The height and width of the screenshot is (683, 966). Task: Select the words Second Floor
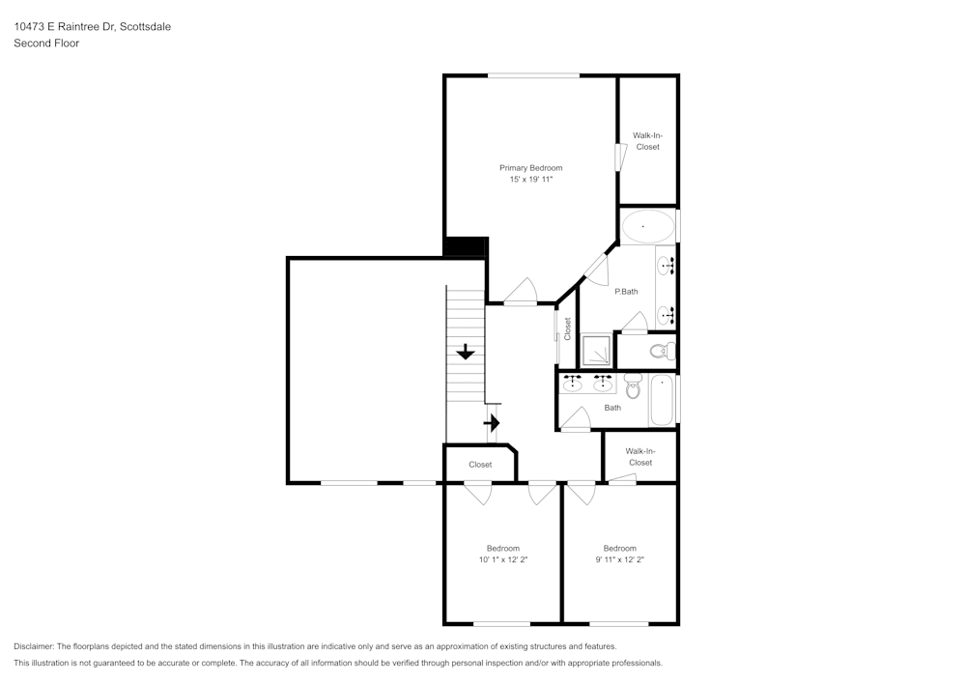(x=46, y=43)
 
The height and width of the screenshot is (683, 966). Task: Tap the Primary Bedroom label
(x=530, y=168)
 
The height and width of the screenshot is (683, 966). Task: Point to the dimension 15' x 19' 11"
(x=530, y=180)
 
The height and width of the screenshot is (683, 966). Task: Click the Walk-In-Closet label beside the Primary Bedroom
(x=647, y=141)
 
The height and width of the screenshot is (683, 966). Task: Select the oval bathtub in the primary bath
(x=647, y=227)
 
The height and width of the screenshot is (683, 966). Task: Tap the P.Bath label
(x=626, y=292)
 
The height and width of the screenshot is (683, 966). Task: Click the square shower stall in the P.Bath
(x=596, y=350)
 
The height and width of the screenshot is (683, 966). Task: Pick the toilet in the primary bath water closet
(x=662, y=350)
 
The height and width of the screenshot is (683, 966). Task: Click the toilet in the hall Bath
(x=633, y=387)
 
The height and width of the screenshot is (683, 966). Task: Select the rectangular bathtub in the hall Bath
(x=663, y=399)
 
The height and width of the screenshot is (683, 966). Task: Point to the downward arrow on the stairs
(x=466, y=352)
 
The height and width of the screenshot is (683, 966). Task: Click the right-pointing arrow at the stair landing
(x=492, y=422)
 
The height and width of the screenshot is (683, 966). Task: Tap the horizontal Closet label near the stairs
(x=480, y=465)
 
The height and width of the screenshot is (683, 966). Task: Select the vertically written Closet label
(x=568, y=328)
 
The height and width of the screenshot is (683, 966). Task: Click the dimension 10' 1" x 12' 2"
(x=502, y=560)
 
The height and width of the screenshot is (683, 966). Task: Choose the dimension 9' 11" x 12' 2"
(x=619, y=560)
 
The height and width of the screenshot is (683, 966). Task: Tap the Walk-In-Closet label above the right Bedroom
(x=639, y=457)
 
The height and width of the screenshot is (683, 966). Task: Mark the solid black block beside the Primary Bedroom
(x=465, y=247)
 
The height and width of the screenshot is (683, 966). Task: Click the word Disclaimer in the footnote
(x=34, y=646)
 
